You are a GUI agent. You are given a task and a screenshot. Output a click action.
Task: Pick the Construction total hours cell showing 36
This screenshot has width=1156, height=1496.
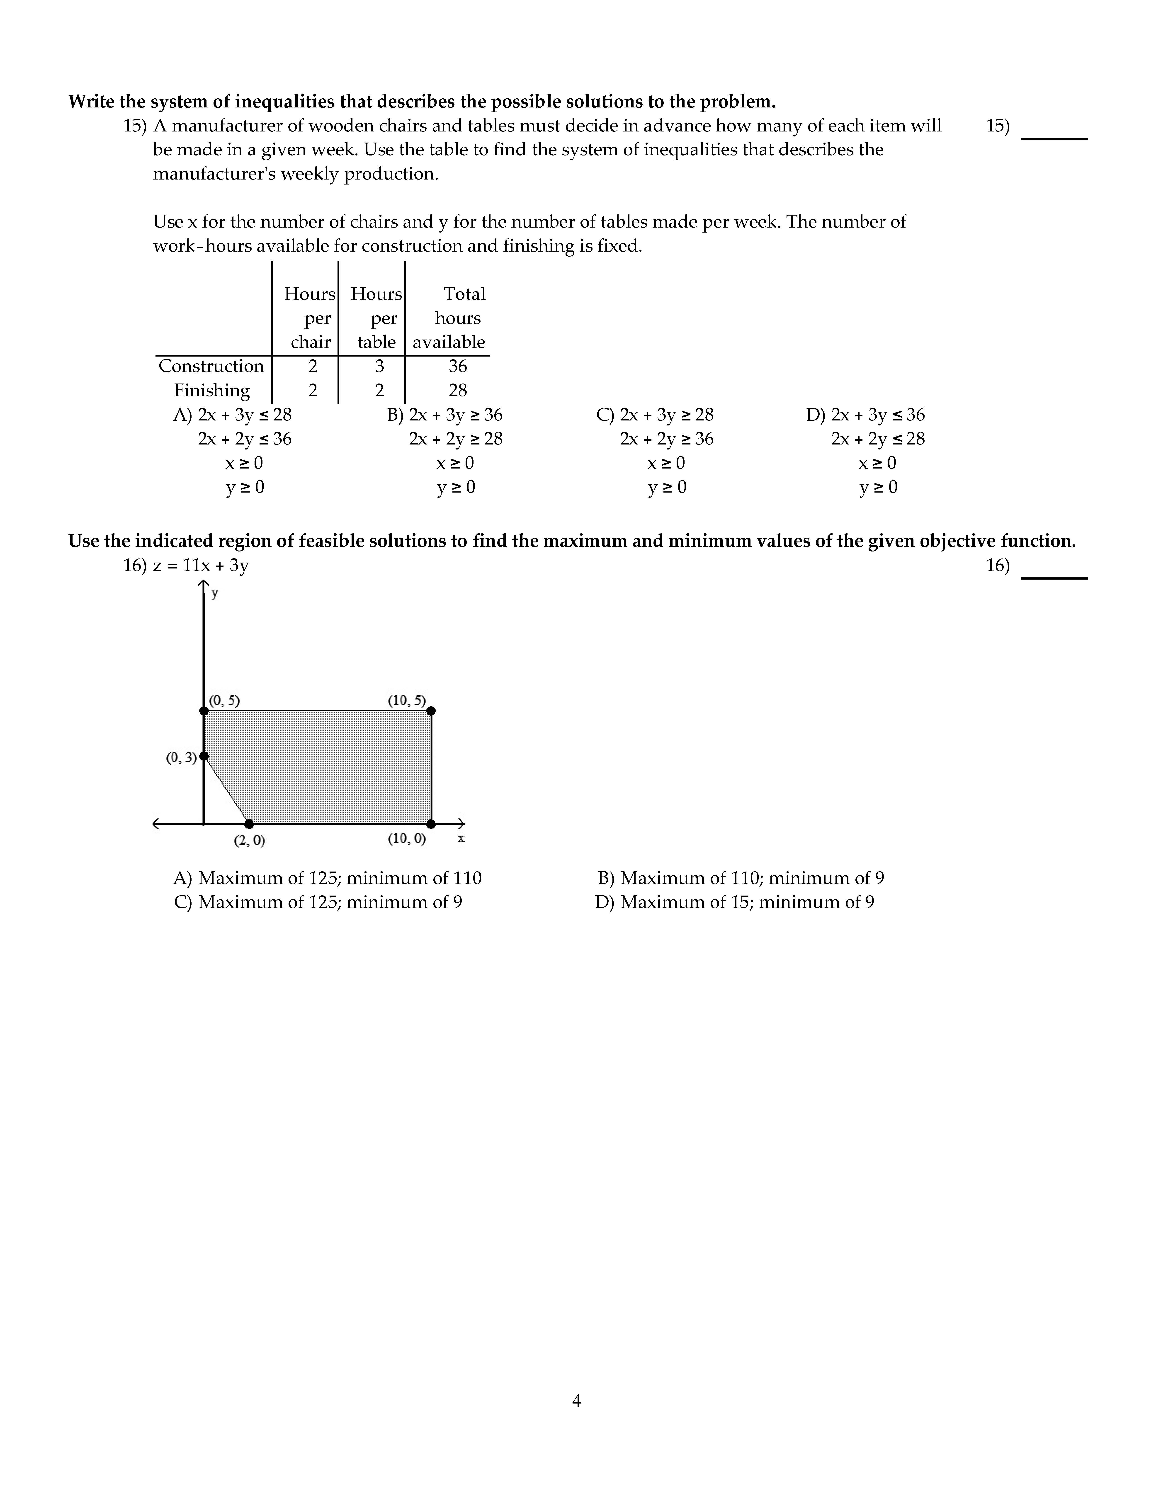coord(457,367)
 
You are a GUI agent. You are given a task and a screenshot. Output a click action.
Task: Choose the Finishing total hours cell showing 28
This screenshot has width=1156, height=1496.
coord(457,391)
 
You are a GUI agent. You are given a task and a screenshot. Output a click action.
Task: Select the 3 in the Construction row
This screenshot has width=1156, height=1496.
coord(379,367)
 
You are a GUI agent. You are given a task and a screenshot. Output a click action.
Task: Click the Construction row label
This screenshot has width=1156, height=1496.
coord(211,367)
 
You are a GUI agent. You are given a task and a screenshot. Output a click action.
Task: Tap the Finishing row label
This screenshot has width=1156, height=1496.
coord(212,391)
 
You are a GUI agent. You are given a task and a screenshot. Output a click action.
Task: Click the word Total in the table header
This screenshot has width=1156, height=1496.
coord(464,294)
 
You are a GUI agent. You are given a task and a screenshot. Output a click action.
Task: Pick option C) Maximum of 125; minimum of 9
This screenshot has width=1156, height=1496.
coord(318,902)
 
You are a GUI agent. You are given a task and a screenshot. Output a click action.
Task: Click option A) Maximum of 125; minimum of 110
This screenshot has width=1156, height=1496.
coord(327,878)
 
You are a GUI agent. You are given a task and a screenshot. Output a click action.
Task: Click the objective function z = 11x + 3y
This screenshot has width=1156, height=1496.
coord(201,566)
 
